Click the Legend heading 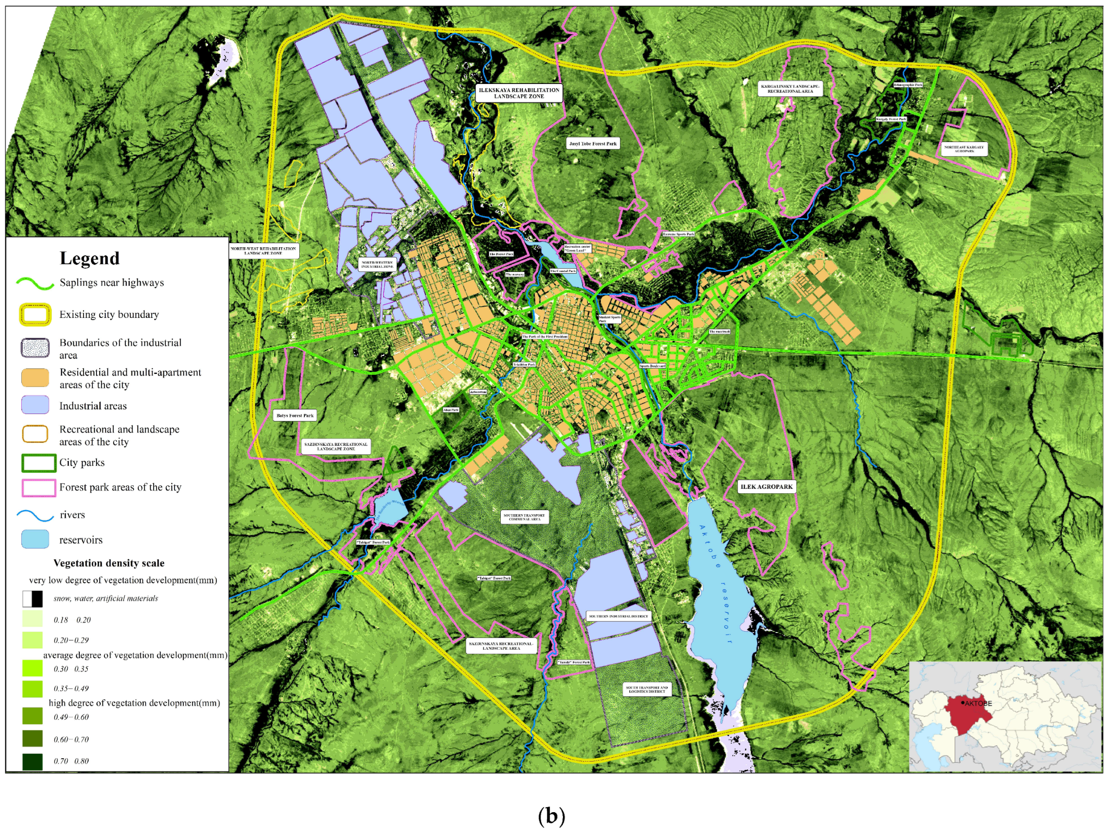tap(89, 258)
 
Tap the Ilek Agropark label tap(767, 486)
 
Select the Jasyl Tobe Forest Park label tap(593, 143)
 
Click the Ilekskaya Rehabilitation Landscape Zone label tap(518, 93)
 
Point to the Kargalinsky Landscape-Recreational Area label tap(790, 89)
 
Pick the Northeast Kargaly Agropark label tap(964, 149)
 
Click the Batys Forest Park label tap(295, 415)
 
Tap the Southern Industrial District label tap(618, 616)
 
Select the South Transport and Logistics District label tap(647, 690)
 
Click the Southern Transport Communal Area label tap(524, 517)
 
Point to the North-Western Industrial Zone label tap(377, 265)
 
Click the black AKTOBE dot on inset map tap(963, 703)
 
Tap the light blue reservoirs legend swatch tap(35, 539)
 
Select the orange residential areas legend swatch tap(35, 378)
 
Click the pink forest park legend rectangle tap(39, 487)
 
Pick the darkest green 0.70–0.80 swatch tap(32, 761)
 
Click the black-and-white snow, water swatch tap(32, 598)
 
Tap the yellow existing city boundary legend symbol tap(35, 315)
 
